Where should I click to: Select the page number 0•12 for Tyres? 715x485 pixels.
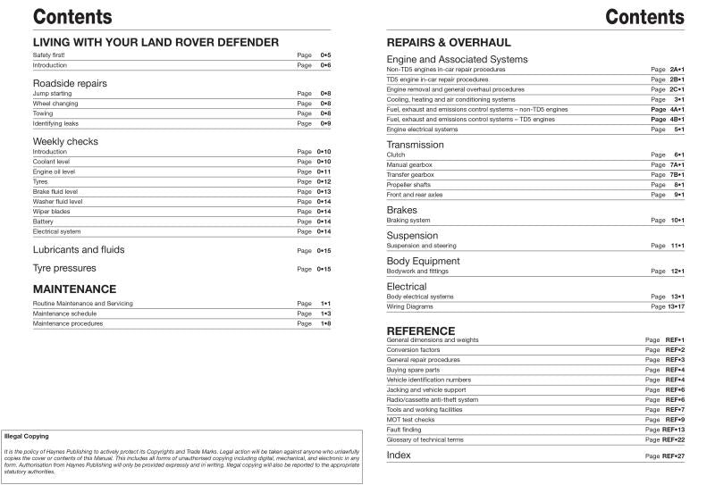click(323, 181)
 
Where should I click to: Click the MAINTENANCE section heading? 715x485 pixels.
click(74, 289)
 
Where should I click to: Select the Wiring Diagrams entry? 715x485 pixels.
click(409, 306)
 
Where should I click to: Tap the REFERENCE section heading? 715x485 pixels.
click(420, 330)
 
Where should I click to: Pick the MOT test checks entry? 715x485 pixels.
click(410, 419)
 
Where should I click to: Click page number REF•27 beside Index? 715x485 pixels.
click(673, 456)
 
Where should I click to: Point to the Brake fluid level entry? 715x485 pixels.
click(55, 191)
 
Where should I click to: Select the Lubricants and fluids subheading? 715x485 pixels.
click(79, 250)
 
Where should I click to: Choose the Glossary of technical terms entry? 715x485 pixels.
click(425, 439)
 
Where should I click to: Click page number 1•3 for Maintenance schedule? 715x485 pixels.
click(325, 314)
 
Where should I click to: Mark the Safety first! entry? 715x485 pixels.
click(48, 55)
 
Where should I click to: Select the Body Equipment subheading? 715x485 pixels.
click(423, 261)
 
